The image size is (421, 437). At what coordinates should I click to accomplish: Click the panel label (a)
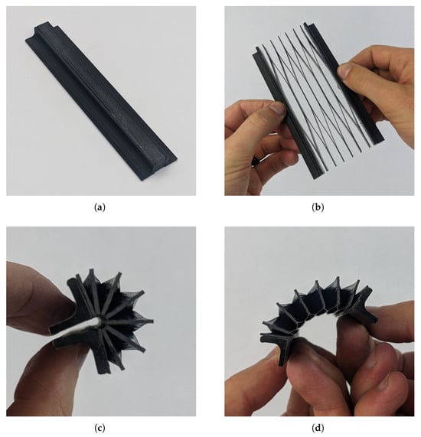click(100, 207)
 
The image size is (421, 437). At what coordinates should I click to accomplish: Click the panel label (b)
click(318, 207)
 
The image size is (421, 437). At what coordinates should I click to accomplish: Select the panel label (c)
click(100, 428)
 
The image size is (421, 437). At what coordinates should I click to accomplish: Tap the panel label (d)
click(318, 428)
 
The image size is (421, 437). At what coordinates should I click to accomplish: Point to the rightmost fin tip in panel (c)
click(152, 321)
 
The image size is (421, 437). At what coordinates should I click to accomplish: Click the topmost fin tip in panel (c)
click(91, 271)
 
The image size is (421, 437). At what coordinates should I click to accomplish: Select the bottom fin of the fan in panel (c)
click(103, 360)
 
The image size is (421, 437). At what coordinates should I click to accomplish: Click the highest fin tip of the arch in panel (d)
click(338, 279)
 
